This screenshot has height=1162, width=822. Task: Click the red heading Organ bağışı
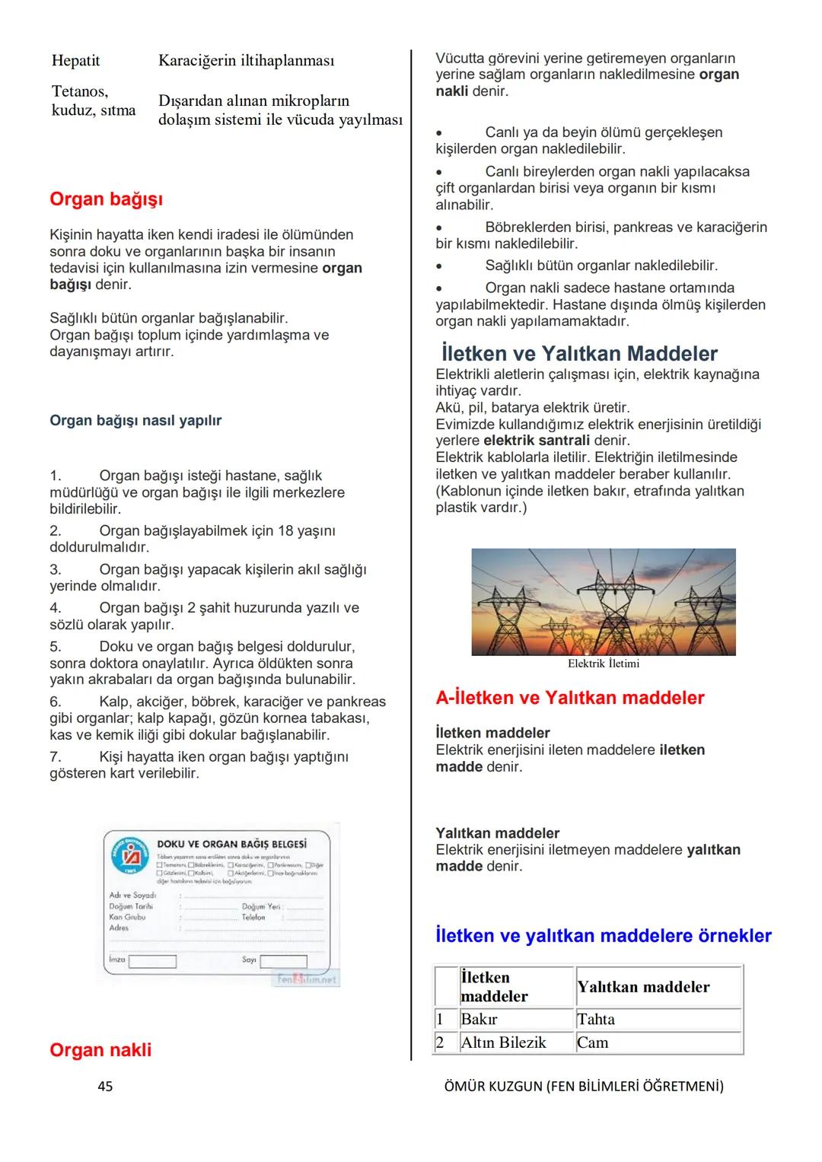(x=106, y=199)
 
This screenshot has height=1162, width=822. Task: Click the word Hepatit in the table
(x=75, y=61)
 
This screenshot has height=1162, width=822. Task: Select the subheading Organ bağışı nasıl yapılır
(x=135, y=421)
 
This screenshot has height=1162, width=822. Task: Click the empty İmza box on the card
(x=152, y=961)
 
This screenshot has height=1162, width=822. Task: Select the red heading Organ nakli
(x=100, y=1050)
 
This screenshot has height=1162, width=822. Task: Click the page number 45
(x=105, y=1087)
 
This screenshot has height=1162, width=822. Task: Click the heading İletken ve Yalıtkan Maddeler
(x=579, y=354)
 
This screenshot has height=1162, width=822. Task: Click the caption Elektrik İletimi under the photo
(x=604, y=664)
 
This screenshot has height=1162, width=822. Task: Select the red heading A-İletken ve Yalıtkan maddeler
(x=570, y=698)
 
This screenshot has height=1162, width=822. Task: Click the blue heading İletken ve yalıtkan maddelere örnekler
(x=604, y=936)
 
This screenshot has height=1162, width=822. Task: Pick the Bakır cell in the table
(x=479, y=1020)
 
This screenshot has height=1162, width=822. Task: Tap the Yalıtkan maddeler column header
(x=643, y=987)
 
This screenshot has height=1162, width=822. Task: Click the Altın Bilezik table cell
(x=503, y=1043)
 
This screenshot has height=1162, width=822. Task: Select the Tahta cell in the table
(x=596, y=1020)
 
